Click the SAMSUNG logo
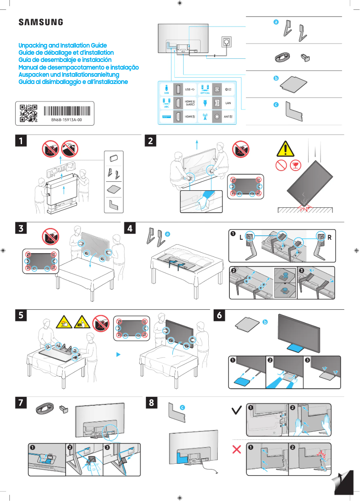click(40, 22)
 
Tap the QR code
click(28, 114)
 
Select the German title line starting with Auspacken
click(68, 75)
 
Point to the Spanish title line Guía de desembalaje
click(65, 60)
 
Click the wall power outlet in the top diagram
click(225, 44)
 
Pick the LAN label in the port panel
click(228, 103)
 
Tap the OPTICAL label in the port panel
click(205, 93)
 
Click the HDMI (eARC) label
click(190, 103)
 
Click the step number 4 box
click(130, 228)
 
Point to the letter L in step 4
click(241, 238)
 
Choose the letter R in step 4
click(329, 237)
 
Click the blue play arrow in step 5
click(119, 354)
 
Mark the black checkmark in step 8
click(236, 410)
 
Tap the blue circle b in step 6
click(265, 322)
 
